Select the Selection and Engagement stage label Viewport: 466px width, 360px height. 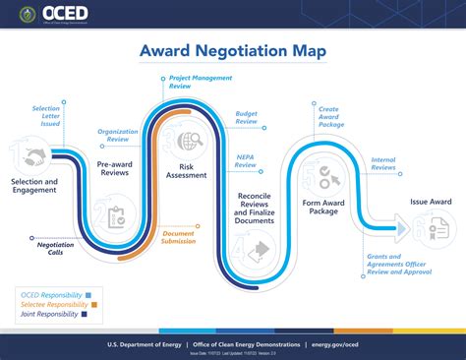pyautogui.click(x=34, y=186)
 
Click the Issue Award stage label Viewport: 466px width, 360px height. pyautogui.click(x=431, y=202)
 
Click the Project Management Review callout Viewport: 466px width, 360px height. pyautogui.click(x=194, y=81)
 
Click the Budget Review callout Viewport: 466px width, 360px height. pyautogui.click(x=246, y=118)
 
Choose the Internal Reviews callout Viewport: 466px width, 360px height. pyautogui.click(x=383, y=163)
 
